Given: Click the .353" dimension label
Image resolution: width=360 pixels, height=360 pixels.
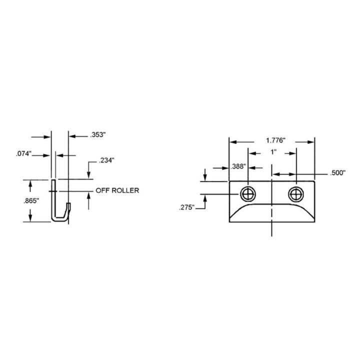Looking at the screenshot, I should click(98, 135).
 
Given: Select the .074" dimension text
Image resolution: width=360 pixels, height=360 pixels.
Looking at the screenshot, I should click(23, 155).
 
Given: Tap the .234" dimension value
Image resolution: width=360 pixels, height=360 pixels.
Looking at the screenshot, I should click(106, 160).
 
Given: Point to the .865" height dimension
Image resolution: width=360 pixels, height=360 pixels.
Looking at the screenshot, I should click(30, 201).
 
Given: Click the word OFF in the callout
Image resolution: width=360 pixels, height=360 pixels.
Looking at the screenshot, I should click(102, 190).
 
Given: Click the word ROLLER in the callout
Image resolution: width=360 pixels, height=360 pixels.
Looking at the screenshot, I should click(125, 190).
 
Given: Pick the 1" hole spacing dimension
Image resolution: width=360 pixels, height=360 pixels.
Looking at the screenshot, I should click(272, 152).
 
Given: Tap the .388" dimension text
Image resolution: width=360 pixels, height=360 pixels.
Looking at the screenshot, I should click(238, 166).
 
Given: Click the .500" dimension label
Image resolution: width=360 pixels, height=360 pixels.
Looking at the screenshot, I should click(337, 173).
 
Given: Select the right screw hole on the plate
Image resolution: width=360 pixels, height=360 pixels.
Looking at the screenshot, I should click(295, 193).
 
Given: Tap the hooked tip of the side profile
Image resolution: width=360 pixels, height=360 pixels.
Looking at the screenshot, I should click(69, 205).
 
